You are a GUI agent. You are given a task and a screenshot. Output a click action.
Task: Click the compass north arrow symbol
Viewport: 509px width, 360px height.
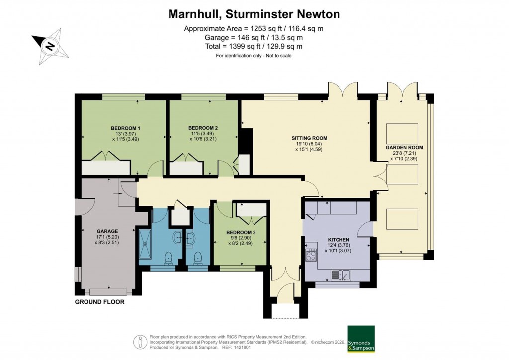pyautogui.click(x=49, y=46)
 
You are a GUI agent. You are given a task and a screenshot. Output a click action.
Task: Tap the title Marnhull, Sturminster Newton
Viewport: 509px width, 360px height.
pyautogui.click(x=254, y=14)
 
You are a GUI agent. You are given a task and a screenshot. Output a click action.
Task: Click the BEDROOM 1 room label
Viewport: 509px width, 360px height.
pyautogui.click(x=125, y=128)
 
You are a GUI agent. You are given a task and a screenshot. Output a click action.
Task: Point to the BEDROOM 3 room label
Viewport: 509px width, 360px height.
pyautogui.click(x=241, y=232)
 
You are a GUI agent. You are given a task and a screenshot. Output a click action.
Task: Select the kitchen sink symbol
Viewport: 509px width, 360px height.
pyautogui.click(x=341, y=274)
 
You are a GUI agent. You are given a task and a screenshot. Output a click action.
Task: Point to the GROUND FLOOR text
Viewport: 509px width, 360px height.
pyautogui.click(x=99, y=302)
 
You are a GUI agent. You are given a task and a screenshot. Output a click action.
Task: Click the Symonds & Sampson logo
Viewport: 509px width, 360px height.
pyautogui.click(x=361, y=339)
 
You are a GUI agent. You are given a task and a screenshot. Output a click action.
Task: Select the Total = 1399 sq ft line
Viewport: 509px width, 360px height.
pyautogui.click(x=254, y=46)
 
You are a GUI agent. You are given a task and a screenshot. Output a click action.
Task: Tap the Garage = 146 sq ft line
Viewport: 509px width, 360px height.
pyautogui.click(x=254, y=37)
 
